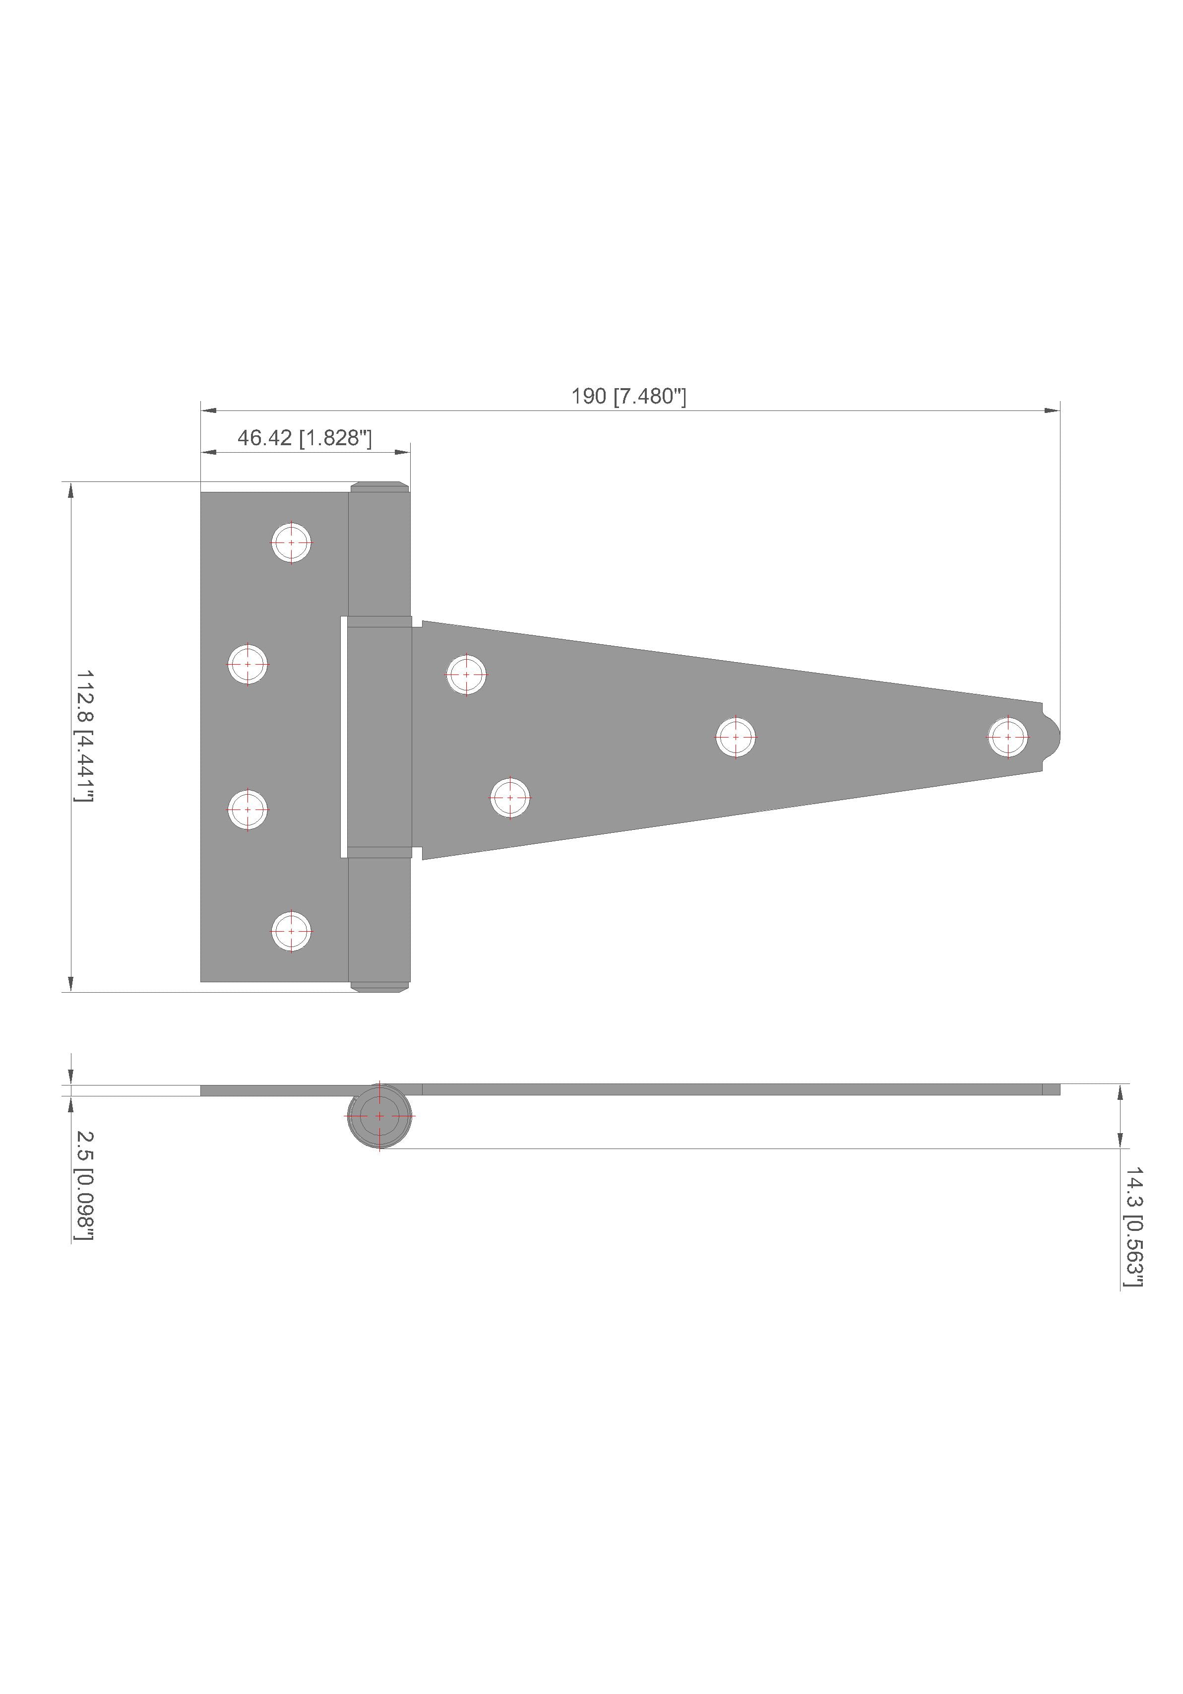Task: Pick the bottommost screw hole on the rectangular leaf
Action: click(x=291, y=931)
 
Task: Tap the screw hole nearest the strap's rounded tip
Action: click(x=1007, y=737)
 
